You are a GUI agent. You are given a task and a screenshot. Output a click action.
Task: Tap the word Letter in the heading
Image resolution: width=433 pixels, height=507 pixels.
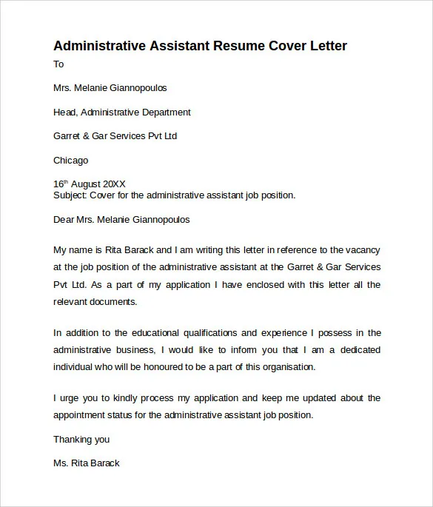pyautogui.click(x=325, y=46)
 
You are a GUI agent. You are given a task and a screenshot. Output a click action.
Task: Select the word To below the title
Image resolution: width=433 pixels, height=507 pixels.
pyautogui.click(x=59, y=64)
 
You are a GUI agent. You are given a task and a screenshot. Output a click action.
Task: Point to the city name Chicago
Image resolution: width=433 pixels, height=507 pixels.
pyautogui.click(x=71, y=160)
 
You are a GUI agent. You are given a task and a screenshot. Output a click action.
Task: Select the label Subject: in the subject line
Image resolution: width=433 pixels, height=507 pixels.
pyautogui.click(x=71, y=195)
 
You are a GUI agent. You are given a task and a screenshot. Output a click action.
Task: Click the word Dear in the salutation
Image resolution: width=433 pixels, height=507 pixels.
pyautogui.click(x=64, y=219)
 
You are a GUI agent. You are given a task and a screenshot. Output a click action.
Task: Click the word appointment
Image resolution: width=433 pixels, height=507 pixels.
pyautogui.click(x=83, y=415)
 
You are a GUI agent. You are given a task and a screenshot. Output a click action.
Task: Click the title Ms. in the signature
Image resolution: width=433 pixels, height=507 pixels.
pyautogui.click(x=61, y=463)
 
